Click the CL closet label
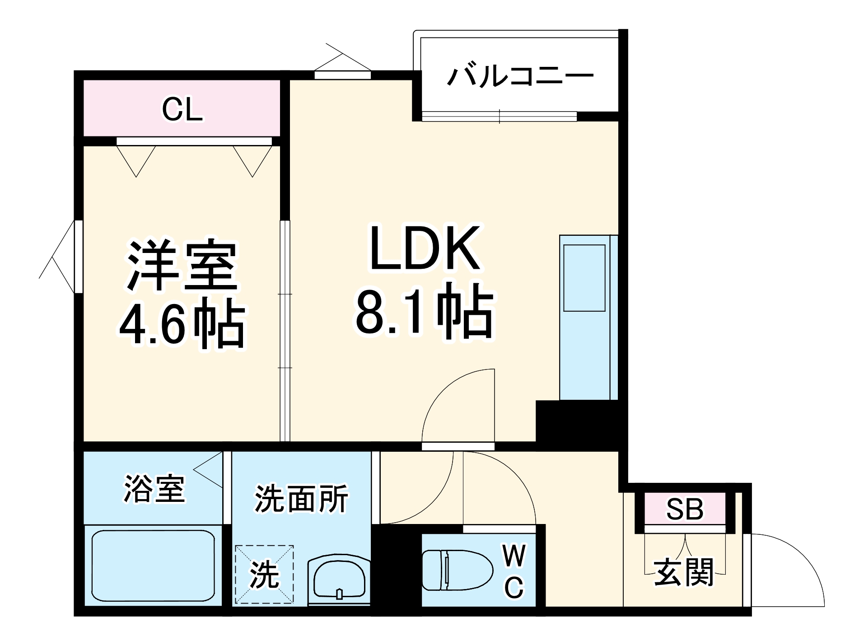pos(182,109)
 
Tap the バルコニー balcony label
pos(520,75)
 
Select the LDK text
pos(424,248)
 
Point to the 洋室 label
pos(182,267)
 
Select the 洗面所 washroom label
pos(301,499)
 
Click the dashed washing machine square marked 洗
pos(264,574)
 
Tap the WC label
pos(514,571)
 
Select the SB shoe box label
pos(684,509)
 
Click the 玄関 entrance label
pos(684,572)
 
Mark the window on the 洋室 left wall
pos(78,256)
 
